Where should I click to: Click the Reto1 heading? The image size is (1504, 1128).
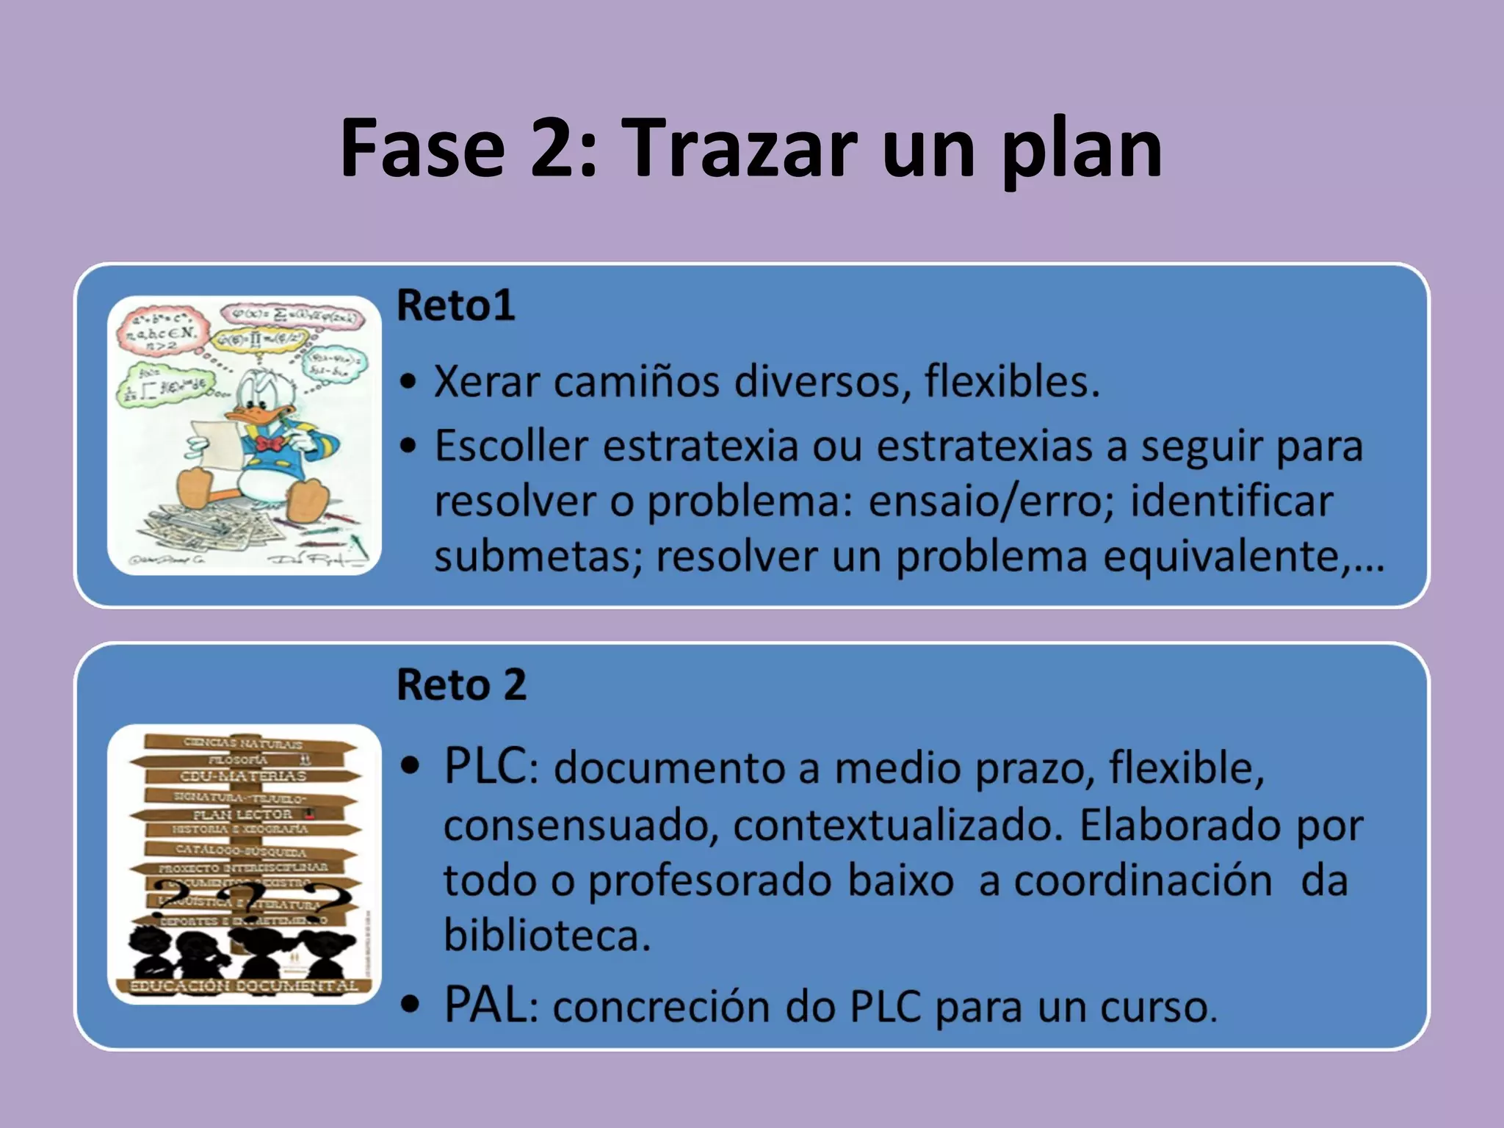point(455,305)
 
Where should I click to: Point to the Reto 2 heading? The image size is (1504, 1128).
point(461,684)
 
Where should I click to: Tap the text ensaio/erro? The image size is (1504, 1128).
point(982,502)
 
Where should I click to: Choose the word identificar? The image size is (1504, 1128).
point(1231,502)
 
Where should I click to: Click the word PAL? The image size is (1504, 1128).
point(485,1005)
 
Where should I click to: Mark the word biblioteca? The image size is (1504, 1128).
point(546,936)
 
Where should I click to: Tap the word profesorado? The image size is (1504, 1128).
point(709,881)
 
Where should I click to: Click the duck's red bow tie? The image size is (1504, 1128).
point(270,444)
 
